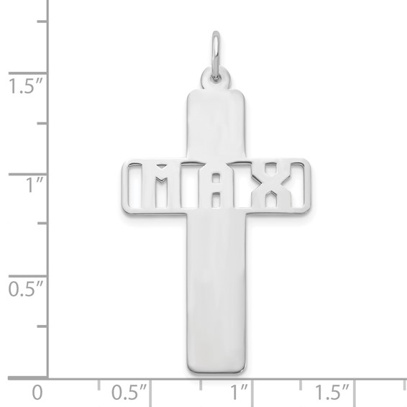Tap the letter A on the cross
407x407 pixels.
pyautogui.click(x=215, y=186)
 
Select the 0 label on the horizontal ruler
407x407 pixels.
pyautogui.click(x=37, y=393)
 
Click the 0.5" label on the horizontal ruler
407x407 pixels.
pyautogui.click(x=129, y=393)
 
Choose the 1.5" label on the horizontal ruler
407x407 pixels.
pyautogui.click(x=331, y=393)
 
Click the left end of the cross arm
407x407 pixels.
pyautogui.click(x=124, y=186)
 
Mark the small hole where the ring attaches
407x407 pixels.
pyautogui.click(x=215, y=73)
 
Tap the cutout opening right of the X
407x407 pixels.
pyautogui.click(x=298, y=186)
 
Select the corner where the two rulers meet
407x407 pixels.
pyautogui.click(x=48, y=378)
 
